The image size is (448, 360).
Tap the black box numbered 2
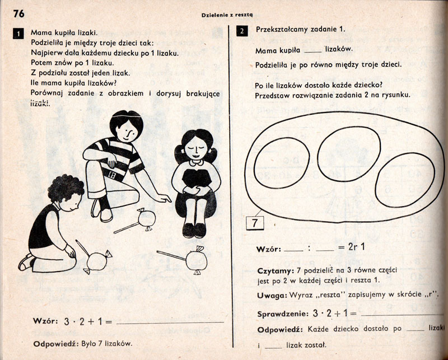(242, 31)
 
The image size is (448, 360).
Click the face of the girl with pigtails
(195, 148)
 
